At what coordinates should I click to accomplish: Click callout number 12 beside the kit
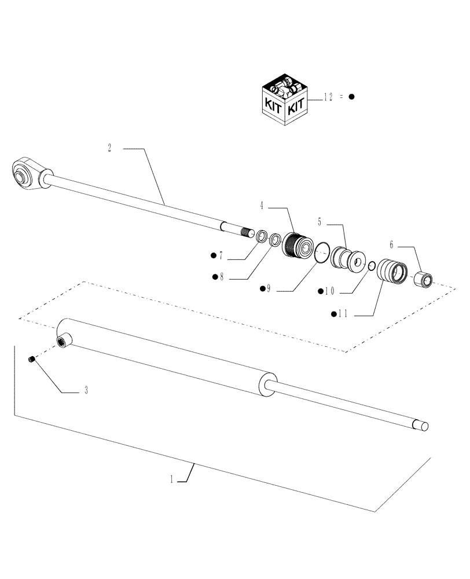click(x=328, y=97)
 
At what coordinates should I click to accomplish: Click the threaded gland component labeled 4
click(x=296, y=244)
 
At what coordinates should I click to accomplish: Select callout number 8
click(x=221, y=277)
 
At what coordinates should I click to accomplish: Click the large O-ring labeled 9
click(x=322, y=252)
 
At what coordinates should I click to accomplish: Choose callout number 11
click(x=342, y=314)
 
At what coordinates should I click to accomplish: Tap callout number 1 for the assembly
click(x=172, y=479)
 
